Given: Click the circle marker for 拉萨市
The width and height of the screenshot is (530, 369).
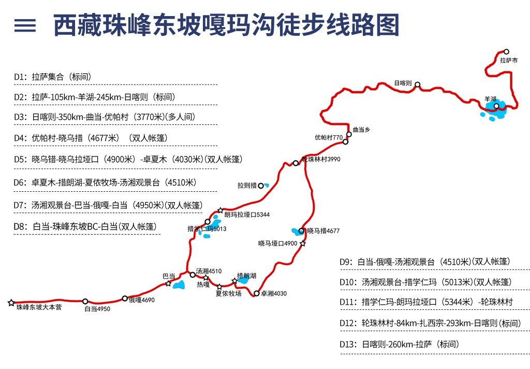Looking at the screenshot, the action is pyautogui.click(x=506, y=52).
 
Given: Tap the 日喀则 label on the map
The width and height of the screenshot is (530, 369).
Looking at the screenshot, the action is pyautogui.click(x=403, y=83).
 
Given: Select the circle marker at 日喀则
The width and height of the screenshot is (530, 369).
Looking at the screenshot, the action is pyautogui.click(x=418, y=84).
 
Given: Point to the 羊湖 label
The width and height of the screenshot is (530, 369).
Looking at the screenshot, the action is pyautogui.click(x=490, y=99).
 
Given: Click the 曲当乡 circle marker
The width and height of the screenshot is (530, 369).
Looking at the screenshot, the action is pyautogui.click(x=349, y=134).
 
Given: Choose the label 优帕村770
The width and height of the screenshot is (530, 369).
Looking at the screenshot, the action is pyautogui.click(x=329, y=137).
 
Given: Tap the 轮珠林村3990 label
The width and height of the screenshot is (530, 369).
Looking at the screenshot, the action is pyautogui.click(x=321, y=159).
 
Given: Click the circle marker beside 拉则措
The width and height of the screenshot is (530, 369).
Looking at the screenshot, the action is pyautogui.click(x=261, y=186).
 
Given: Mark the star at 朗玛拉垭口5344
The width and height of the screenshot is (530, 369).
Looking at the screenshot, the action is pyautogui.click(x=220, y=210).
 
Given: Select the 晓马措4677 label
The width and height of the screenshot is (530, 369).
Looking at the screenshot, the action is pyautogui.click(x=323, y=231).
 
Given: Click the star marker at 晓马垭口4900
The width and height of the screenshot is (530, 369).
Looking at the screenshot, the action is pyautogui.click(x=302, y=244).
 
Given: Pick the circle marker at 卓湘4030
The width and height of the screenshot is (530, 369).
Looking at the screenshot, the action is pyautogui.click(x=257, y=293).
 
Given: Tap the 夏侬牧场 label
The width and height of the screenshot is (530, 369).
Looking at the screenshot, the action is pyautogui.click(x=228, y=293).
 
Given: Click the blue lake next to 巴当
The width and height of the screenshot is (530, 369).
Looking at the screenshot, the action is pyautogui.click(x=179, y=285).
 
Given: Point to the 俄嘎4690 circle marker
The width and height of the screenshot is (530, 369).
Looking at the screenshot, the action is pyautogui.click(x=125, y=299).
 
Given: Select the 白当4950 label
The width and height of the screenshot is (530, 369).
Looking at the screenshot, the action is pyautogui.click(x=97, y=309).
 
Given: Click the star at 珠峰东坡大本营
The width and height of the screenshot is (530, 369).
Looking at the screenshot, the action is pyautogui.click(x=11, y=303).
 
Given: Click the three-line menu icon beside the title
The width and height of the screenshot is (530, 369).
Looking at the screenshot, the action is pyautogui.click(x=25, y=25).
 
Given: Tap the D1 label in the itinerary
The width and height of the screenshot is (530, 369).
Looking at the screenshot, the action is pyautogui.click(x=20, y=77).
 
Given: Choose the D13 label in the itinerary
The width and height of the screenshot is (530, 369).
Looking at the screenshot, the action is pyautogui.click(x=348, y=344).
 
